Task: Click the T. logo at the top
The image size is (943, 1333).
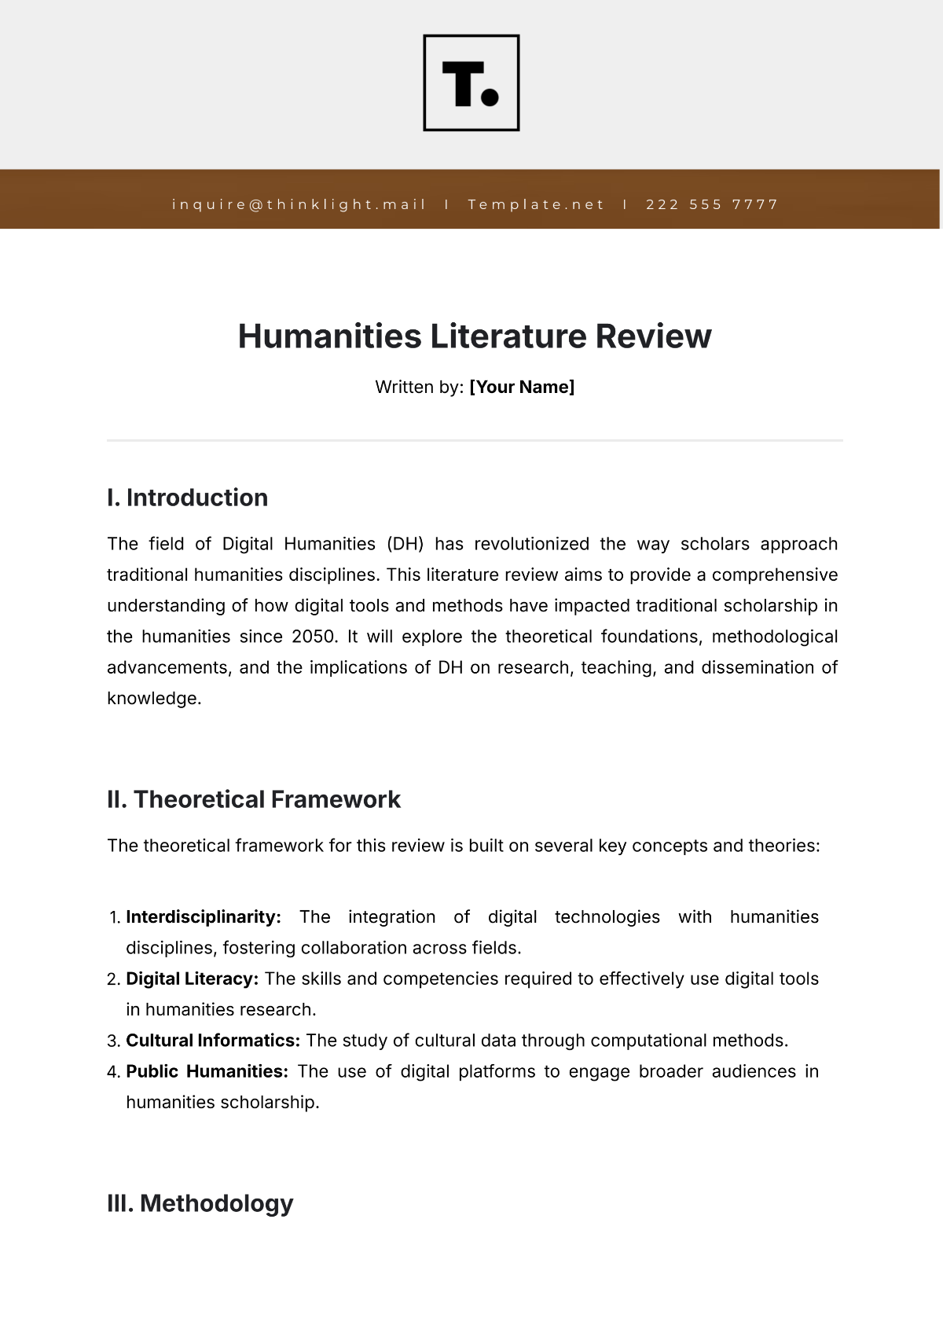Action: tap(472, 83)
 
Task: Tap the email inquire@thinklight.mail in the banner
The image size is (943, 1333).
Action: tap(299, 204)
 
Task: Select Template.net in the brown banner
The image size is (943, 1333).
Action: tap(536, 204)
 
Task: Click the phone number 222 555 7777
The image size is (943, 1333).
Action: tap(712, 204)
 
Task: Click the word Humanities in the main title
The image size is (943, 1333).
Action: tap(329, 336)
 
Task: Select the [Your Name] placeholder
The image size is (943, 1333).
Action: tap(522, 387)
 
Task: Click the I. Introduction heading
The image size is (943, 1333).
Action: tap(187, 498)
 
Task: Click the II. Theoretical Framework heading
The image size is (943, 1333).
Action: tap(253, 799)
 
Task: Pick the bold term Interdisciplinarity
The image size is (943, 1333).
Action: tap(203, 917)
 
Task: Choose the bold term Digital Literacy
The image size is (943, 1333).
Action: tap(192, 979)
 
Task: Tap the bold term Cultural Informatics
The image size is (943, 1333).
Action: tap(212, 1041)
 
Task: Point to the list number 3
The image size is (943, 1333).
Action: tap(112, 1041)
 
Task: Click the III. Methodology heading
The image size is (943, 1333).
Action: tap(200, 1203)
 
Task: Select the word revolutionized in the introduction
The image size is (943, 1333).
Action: tap(531, 544)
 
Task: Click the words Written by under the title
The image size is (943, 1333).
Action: tap(419, 387)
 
